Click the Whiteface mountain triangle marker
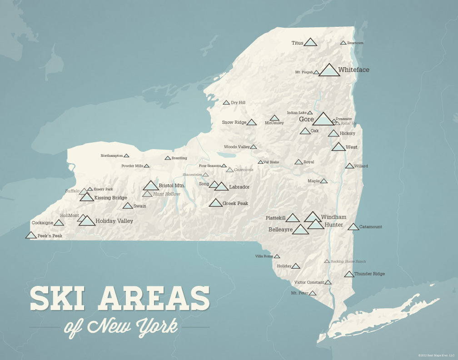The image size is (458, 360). point(329,70)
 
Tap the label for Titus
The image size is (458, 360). point(297,43)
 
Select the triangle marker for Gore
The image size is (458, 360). point(323,120)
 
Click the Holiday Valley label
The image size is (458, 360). point(114,221)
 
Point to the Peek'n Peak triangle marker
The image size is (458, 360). point(31,235)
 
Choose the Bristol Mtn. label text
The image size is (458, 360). point(172,185)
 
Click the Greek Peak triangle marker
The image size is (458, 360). point(216,203)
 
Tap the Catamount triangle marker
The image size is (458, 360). point(353,227)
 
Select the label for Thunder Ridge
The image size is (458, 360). point(369,274)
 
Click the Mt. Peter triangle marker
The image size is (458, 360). point(313,293)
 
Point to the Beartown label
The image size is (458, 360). point(355,43)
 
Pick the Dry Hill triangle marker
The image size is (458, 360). point(226,103)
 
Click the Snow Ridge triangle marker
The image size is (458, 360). point(251,122)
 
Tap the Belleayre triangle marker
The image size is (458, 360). point(300,230)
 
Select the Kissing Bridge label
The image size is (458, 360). point(110,198)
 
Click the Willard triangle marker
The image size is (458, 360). point(349,166)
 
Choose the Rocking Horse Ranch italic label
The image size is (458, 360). point(348,261)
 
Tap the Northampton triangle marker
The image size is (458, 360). point(126,155)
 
